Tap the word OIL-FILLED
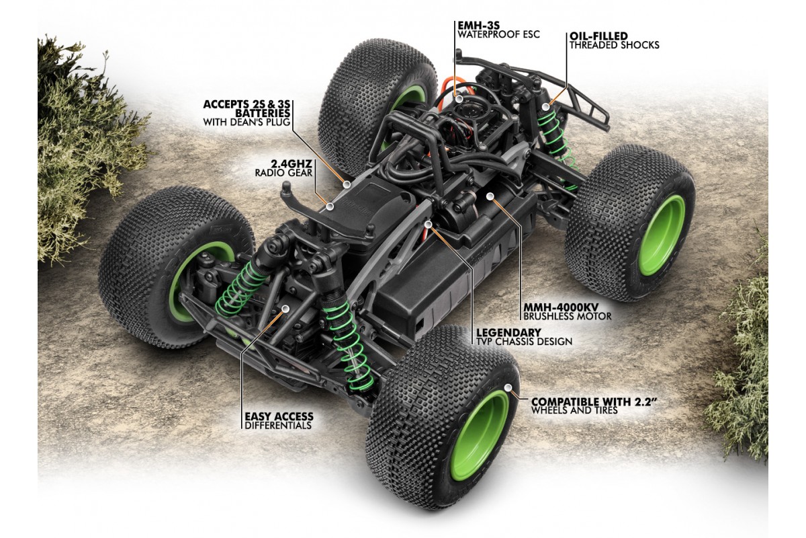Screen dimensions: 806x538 (598, 36)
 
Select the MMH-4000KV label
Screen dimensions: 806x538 (561, 307)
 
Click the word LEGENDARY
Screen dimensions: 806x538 (508, 332)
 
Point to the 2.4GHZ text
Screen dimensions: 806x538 (292, 163)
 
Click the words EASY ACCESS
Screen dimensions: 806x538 (279, 416)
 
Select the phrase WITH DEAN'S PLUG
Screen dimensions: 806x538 (247, 122)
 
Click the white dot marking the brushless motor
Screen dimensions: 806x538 (490, 196)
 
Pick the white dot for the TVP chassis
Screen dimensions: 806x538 (429, 225)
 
